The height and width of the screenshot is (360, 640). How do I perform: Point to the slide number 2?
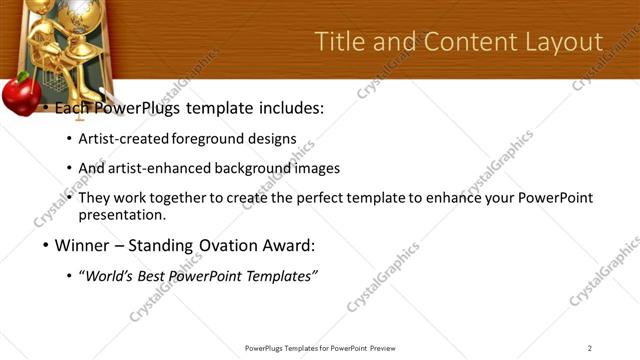[x=590, y=348]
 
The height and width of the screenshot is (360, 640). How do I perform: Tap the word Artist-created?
[x=123, y=138]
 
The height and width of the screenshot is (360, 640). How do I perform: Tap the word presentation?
[x=121, y=214]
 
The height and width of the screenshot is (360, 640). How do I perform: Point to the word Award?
[x=289, y=245]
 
